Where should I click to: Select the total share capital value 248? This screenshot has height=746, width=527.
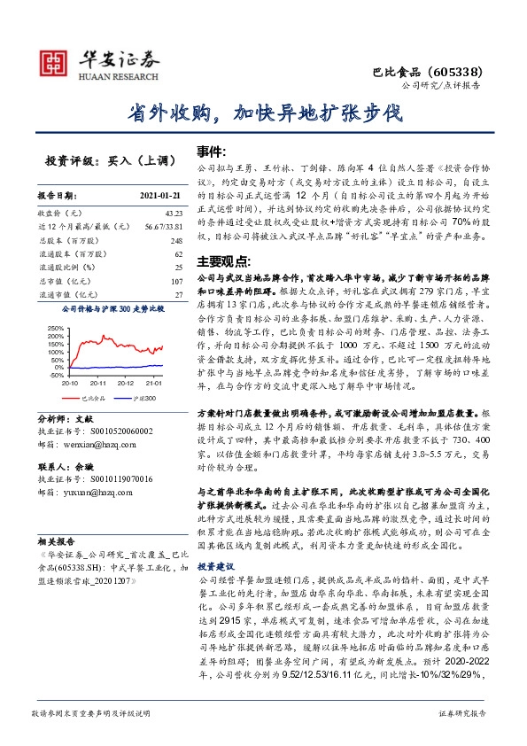pos(175,240)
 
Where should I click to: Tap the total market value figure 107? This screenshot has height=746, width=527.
pos(175,281)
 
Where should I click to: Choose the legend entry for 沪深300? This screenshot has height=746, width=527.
pos(144,399)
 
